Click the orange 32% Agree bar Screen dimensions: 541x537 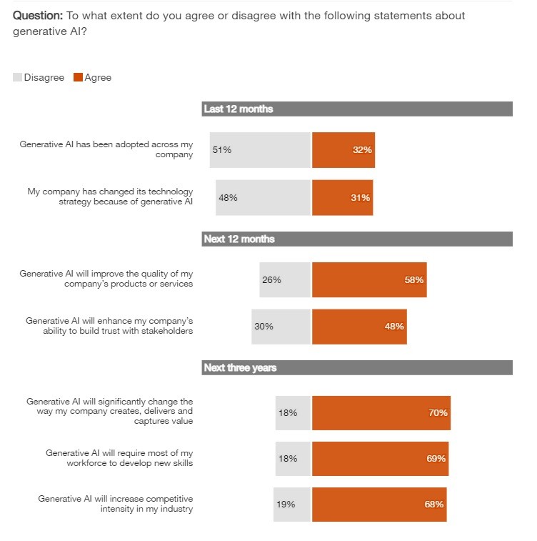tap(343, 150)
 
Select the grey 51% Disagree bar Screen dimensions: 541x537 tap(261, 150)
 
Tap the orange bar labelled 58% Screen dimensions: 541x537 tap(369, 279)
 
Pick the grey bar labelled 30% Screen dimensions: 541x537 tap(281, 327)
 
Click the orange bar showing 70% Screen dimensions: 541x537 tap(381, 413)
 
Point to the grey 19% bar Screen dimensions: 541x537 tap(293, 504)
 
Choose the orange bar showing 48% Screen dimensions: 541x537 tap(359, 327)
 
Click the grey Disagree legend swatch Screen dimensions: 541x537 tap(17, 77)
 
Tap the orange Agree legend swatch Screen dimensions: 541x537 tap(78, 77)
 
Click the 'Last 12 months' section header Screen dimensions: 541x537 tap(239, 109)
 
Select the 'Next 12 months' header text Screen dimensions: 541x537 tap(239, 239)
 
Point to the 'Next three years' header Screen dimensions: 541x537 tap(240, 368)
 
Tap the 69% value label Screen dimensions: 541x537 tap(436, 458)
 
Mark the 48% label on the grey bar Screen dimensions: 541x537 tap(228, 198)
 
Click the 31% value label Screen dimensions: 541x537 tap(361, 198)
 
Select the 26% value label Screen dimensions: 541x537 tap(271, 279)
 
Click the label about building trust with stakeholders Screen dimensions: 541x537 tap(109, 326)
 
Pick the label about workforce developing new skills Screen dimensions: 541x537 tap(119, 458)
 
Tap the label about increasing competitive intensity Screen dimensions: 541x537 tap(116, 504)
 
